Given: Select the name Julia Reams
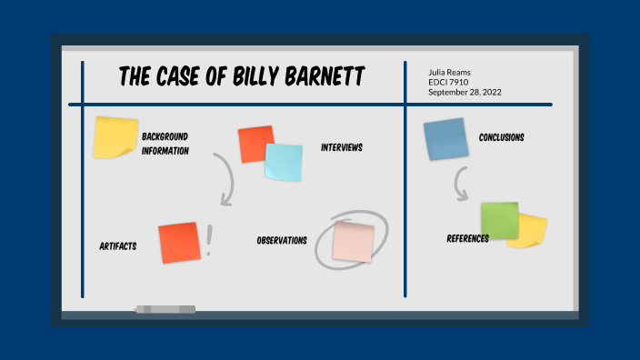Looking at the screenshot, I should (x=450, y=72).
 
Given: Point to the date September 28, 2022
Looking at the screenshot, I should (x=465, y=92).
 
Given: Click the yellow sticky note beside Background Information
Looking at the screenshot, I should (x=115, y=137).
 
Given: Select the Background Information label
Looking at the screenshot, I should (x=165, y=144).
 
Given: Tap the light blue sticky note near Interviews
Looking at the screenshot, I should (x=284, y=162).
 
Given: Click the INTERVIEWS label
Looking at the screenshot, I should (x=342, y=147).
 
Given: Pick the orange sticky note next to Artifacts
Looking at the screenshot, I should (x=178, y=243).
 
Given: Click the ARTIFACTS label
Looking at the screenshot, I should (x=118, y=246).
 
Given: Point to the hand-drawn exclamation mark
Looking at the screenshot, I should (x=210, y=239).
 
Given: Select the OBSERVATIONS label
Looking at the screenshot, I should (x=282, y=241).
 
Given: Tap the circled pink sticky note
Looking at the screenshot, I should (x=353, y=242).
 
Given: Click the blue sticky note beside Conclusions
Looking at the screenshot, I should (x=445, y=140).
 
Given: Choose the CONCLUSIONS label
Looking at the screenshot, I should (x=502, y=138).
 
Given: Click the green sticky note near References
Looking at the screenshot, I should (x=499, y=220).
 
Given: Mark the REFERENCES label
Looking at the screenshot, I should (x=468, y=239).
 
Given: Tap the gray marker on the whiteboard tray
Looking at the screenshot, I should (x=165, y=309).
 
